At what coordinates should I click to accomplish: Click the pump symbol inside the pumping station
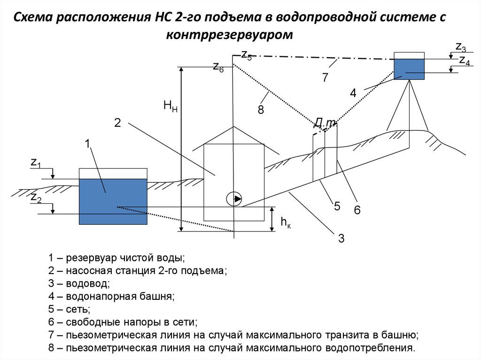click(x=233, y=199)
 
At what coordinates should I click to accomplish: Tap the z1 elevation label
click(x=36, y=163)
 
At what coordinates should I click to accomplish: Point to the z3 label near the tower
click(x=460, y=46)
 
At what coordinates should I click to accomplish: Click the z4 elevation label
click(x=464, y=60)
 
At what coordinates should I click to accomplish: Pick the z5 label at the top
click(x=246, y=55)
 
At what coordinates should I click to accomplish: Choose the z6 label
click(x=218, y=67)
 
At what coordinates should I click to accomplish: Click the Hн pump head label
click(x=170, y=106)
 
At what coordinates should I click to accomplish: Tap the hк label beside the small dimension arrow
click(x=286, y=222)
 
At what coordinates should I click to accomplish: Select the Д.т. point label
click(x=325, y=123)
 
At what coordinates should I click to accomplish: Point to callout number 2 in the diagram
click(x=117, y=123)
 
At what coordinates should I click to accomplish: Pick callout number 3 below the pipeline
click(x=341, y=238)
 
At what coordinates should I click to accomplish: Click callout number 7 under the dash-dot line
click(x=325, y=77)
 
